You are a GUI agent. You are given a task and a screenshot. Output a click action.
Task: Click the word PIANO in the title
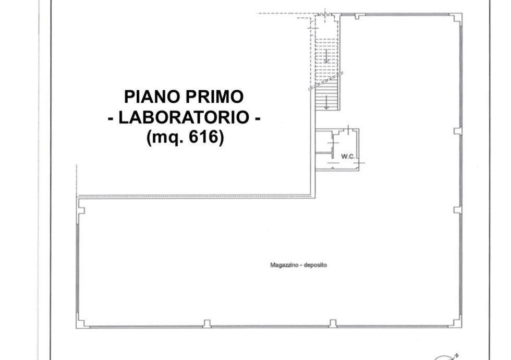tap(152, 97)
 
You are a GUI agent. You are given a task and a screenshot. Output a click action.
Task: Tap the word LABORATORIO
tap(184, 117)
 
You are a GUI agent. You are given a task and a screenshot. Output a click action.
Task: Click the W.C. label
tap(348, 157)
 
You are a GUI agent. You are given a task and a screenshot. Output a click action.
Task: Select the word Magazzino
tap(285, 265)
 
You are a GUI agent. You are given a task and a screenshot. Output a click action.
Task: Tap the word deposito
tap(315, 265)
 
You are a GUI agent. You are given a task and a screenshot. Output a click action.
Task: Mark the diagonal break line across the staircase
tap(326, 81)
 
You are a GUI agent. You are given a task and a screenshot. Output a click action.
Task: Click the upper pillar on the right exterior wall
tap(458, 131)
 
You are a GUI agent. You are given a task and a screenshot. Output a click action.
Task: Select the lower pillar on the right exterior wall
tap(458, 210)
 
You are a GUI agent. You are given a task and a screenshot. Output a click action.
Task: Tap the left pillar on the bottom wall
tap(206, 324)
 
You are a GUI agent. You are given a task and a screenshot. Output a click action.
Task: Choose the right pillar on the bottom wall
tap(333, 323)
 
